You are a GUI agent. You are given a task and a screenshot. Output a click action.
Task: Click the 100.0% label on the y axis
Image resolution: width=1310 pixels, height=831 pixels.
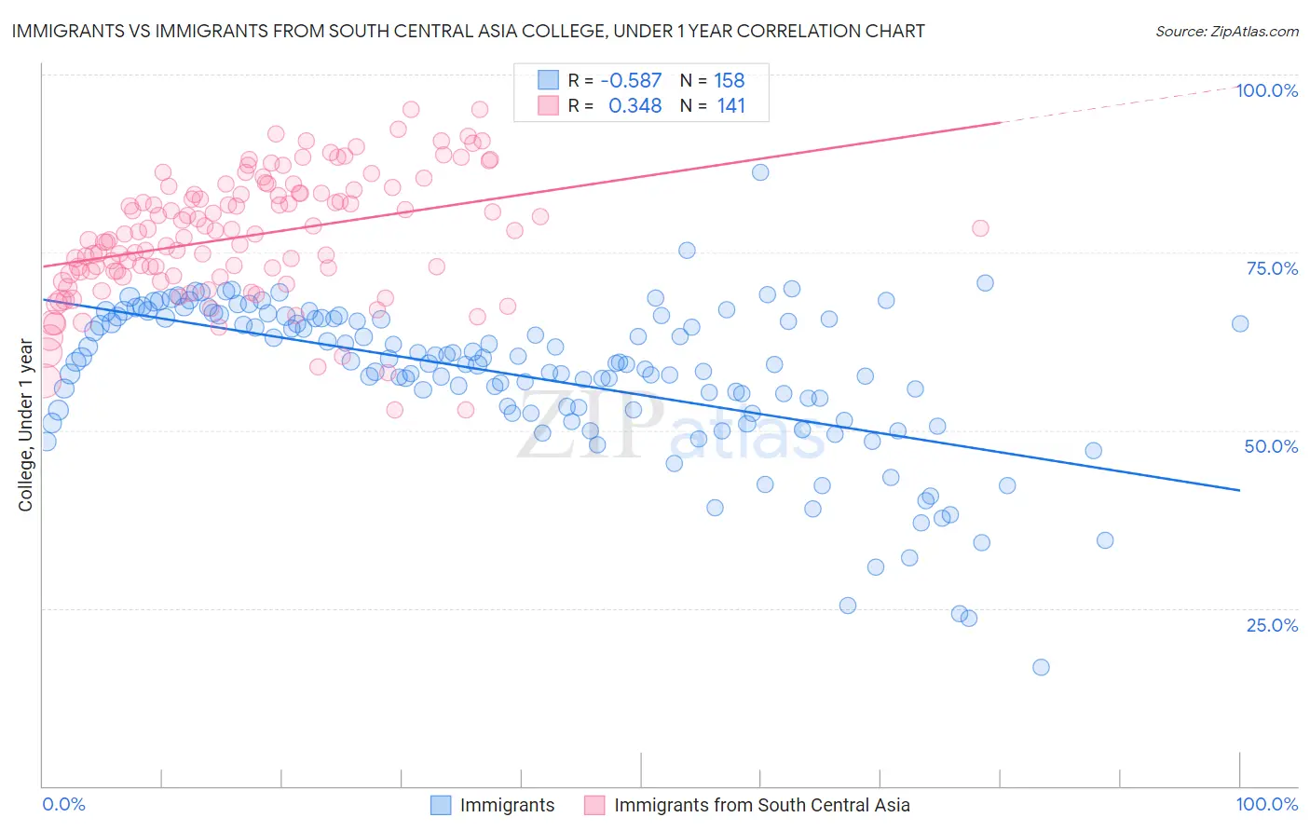[1266, 90]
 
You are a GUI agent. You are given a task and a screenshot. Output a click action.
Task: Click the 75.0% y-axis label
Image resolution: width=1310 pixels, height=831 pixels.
[1272, 268]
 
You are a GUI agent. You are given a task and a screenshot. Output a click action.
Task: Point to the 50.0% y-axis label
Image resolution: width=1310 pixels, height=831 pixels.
[1271, 446]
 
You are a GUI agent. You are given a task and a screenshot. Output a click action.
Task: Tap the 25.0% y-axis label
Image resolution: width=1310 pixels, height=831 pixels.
[1272, 624]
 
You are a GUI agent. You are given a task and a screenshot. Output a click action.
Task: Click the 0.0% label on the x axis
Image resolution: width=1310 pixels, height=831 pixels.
[63, 804]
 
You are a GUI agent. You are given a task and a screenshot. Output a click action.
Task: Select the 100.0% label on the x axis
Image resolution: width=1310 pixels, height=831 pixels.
[1266, 804]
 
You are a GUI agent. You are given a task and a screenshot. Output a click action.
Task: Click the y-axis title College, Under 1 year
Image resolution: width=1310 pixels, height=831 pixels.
[26, 426]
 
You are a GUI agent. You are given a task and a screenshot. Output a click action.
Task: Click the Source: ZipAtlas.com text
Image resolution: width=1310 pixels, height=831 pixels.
[1226, 32]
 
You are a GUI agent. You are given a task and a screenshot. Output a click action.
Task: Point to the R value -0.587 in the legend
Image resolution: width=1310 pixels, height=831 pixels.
[631, 80]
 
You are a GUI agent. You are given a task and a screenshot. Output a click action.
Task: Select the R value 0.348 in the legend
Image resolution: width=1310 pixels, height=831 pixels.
[635, 105]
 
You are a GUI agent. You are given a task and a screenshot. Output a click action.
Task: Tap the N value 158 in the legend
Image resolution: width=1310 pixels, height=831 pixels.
[730, 80]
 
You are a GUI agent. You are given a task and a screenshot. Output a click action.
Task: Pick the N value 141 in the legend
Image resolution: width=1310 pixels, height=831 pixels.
[731, 105]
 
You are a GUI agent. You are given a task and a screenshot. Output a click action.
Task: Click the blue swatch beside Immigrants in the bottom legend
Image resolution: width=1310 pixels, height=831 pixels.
[440, 805]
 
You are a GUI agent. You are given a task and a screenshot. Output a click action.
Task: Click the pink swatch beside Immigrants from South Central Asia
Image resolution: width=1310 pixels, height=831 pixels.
[594, 805]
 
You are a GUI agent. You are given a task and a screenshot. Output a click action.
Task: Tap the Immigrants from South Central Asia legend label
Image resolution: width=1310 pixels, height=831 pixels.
[761, 805]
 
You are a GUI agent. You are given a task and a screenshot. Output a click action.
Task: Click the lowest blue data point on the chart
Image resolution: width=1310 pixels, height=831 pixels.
[1041, 667]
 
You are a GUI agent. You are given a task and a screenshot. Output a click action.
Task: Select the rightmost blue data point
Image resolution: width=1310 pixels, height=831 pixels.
[1240, 323]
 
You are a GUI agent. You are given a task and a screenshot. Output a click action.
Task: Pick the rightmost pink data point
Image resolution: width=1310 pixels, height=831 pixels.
[980, 228]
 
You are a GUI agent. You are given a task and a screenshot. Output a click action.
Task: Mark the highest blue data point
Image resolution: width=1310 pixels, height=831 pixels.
[760, 172]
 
